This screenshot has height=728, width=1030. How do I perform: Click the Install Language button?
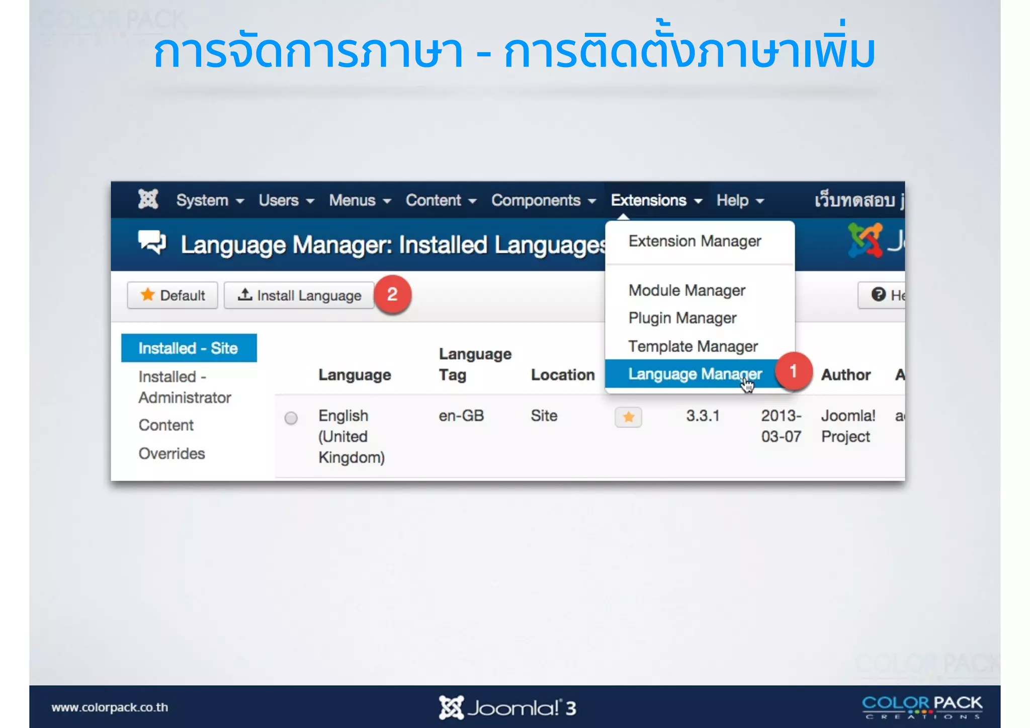[300, 295]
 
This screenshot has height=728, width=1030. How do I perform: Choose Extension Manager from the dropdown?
[694, 241]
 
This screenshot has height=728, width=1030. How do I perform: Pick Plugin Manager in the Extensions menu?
[682, 318]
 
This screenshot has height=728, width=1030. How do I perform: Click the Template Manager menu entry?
[692, 346]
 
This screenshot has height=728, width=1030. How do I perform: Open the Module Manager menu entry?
[686, 290]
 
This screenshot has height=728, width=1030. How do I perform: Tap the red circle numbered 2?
[392, 294]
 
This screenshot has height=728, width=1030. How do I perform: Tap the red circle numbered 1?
[793, 371]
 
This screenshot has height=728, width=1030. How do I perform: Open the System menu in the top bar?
[209, 200]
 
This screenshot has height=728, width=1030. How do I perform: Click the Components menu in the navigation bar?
[543, 200]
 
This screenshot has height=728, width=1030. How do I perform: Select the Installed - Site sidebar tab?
[189, 348]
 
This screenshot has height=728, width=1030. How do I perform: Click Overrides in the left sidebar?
[171, 453]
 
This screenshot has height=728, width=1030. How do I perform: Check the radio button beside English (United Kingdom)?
[291, 418]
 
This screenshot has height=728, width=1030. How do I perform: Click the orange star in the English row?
[628, 417]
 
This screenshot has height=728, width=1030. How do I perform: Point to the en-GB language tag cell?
[461, 416]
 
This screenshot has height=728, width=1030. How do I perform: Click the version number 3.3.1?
[702, 416]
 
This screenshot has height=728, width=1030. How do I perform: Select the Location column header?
[562, 375]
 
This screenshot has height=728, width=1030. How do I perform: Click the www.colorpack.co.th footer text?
[110, 707]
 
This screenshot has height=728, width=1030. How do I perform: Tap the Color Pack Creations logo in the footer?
[921, 707]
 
